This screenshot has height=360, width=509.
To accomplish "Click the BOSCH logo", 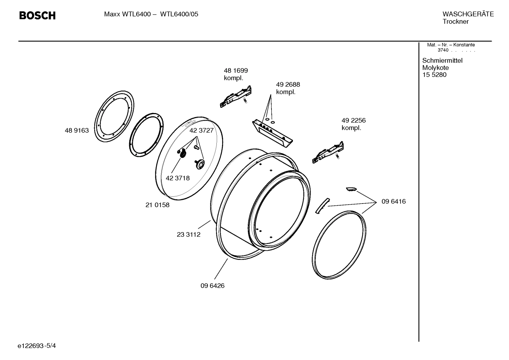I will point(37,16).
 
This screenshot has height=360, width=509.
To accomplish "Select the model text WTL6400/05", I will point(179,14).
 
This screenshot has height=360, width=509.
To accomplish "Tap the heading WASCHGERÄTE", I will point(468,14).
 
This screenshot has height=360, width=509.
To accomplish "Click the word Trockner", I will point(455,22).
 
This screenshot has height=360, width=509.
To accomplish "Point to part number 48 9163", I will point(77,130).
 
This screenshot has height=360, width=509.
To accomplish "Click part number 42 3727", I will point(201,130).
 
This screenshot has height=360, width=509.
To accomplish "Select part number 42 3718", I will point(178,178).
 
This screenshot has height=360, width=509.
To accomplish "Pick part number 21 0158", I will point(157,205).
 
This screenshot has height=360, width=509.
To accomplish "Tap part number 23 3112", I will point(188,235).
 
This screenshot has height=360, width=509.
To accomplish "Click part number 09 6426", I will point(212,286).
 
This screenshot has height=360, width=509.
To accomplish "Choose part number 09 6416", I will point(394,201).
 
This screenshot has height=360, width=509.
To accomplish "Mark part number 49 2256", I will point(353,120).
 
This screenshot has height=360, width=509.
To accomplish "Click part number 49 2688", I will point(288,84).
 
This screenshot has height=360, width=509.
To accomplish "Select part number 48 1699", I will point(236,71).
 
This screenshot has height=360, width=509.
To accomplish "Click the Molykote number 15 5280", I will point(434,75).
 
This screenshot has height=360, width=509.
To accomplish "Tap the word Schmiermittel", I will point(442,60).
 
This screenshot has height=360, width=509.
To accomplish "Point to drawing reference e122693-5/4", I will point(37,346).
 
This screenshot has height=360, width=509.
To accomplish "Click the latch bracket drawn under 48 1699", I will point(235,97).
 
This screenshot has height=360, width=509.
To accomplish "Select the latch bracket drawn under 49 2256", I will point(328,153).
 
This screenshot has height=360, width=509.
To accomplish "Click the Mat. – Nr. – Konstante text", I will point(451,45).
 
